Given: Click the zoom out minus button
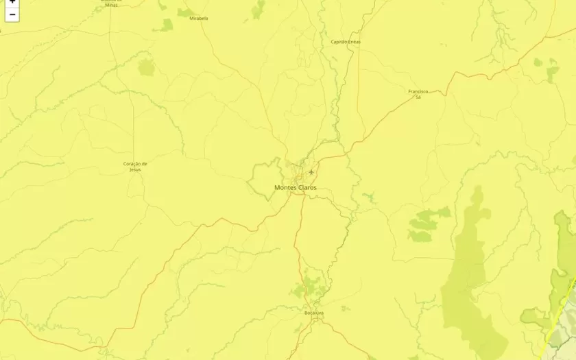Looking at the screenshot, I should point(12,14).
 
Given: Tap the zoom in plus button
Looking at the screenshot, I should point(12,2).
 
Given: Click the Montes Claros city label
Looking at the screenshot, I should point(296,187).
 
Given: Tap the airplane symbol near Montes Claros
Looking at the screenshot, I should point(311,171).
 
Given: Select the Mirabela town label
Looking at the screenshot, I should point(199,19).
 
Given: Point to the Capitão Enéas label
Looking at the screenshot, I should point(346,42).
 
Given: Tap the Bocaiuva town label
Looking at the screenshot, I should point(313,313).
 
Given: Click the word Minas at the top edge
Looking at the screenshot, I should point(111,5).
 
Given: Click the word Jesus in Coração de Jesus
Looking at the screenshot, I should point(135,169).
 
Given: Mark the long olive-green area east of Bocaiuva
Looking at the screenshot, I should point(470,274).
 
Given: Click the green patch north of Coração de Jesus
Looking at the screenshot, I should point(146,67).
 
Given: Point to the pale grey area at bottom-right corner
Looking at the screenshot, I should point(566,346).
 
